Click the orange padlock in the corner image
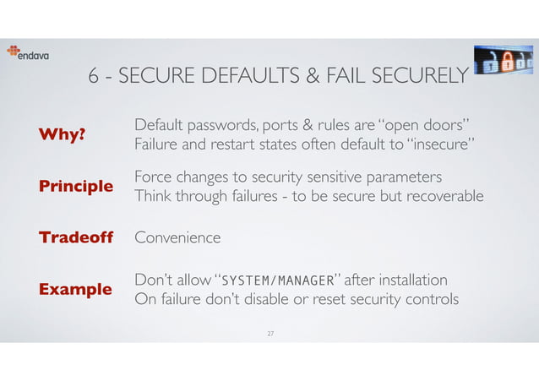(504, 61)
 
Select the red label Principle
(76, 187)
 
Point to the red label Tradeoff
(76, 237)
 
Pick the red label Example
(75, 290)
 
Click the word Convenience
(177, 238)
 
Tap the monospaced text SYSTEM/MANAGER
(275, 280)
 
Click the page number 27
(270, 335)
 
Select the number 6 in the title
(94, 77)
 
